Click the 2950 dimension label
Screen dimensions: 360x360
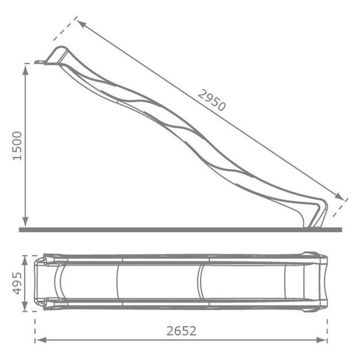click(212, 100)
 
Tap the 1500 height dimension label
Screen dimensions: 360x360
click(17, 146)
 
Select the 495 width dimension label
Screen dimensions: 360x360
click(17, 283)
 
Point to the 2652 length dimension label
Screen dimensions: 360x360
click(181, 331)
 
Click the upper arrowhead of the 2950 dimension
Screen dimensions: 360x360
click(81, 24)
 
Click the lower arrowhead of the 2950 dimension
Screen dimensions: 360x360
click(339, 196)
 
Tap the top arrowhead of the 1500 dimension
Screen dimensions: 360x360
click(25, 69)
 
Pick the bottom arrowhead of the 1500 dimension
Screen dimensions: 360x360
click(25, 222)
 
